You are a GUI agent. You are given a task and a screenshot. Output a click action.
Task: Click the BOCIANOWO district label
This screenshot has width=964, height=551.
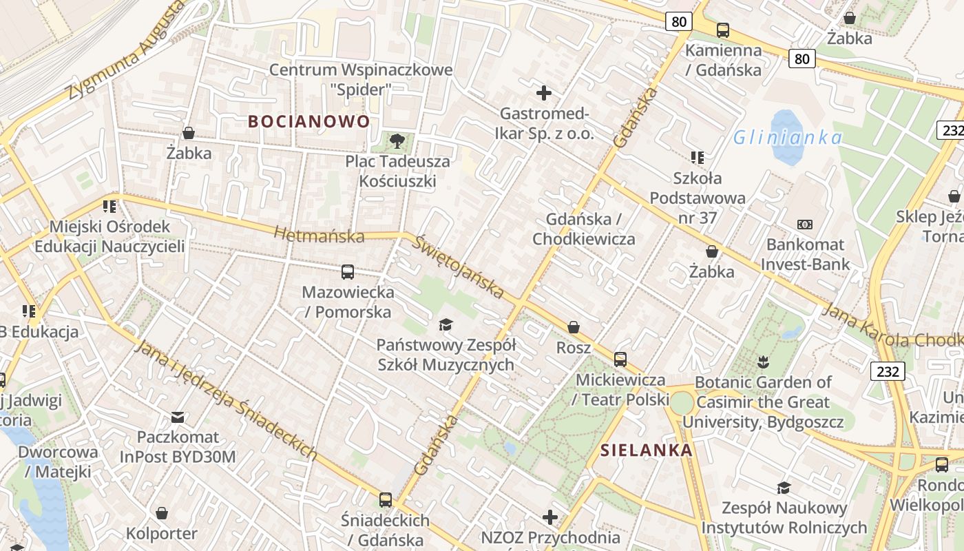click(308, 122)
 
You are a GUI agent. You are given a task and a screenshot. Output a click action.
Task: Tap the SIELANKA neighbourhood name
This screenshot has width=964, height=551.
click(646, 450)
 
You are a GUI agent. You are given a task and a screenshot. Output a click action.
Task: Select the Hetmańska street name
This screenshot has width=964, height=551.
click(319, 235)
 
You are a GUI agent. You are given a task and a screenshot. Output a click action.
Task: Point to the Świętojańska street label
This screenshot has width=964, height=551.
click(459, 267)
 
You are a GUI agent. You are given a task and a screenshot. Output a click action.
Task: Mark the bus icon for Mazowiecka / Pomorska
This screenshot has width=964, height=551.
click(348, 272)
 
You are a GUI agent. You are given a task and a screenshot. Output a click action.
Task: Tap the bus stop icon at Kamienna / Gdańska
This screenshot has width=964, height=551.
click(722, 30)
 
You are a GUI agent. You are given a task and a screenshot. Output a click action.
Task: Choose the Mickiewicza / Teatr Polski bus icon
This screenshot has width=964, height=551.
click(620, 359)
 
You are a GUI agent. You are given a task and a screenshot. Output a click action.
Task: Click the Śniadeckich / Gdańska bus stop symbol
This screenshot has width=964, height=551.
click(386, 500)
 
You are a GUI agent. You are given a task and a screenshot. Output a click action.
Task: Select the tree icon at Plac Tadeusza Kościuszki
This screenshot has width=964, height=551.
click(397, 141)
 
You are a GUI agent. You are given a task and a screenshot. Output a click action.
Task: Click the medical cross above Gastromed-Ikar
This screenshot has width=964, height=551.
click(544, 93)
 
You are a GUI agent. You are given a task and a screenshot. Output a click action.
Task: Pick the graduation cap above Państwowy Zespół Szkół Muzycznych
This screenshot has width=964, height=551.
click(446, 324)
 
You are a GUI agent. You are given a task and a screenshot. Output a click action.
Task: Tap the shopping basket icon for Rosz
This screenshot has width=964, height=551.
click(574, 327)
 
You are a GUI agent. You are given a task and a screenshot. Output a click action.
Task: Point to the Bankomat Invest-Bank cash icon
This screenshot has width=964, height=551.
click(804, 225)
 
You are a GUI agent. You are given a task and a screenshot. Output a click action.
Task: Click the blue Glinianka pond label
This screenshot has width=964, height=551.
click(787, 138)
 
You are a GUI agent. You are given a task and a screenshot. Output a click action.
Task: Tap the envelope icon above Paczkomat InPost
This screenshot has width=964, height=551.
click(178, 417)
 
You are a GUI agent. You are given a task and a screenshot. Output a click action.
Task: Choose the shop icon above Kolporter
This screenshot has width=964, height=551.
click(162, 513)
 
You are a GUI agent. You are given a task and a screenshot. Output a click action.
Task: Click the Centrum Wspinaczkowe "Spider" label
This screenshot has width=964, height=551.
click(361, 79)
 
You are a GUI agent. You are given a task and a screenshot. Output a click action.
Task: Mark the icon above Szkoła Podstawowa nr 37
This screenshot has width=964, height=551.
click(698, 158)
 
